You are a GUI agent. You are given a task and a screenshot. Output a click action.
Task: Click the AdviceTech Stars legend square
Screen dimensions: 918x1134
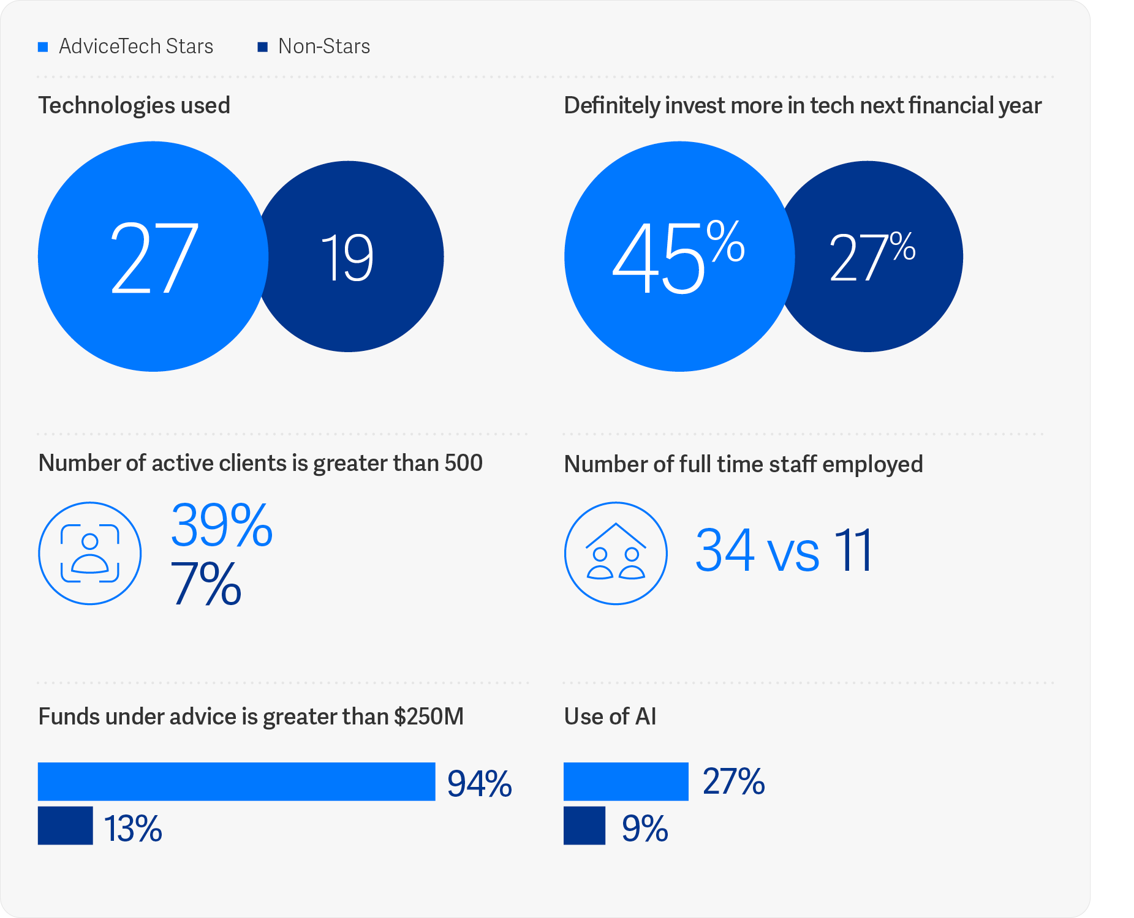click(43, 47)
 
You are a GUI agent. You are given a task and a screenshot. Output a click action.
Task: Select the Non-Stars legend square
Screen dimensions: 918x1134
click(262, 47)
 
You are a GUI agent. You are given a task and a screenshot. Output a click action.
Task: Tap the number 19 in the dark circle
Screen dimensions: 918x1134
click(347, 258)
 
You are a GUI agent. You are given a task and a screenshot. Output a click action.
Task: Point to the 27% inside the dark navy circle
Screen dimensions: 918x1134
click(871, 257)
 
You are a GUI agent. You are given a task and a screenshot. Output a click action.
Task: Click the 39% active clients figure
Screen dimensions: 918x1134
click(221, 525)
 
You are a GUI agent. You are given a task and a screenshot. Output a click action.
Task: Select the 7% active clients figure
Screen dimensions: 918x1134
click(206, 584)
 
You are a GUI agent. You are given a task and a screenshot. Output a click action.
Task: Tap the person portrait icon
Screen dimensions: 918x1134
click(90, 554)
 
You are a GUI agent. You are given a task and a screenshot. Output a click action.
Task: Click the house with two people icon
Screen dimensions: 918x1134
click(616, 554)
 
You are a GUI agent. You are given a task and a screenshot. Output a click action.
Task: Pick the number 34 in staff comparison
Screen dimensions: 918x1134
click(725, 551)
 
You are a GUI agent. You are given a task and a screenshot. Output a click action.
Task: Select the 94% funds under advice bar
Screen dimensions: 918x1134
click(236, 781)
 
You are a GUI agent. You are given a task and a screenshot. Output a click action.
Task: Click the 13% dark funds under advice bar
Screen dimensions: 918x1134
click(66, 826)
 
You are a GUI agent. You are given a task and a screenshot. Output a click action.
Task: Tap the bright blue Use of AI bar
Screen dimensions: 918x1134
click(626, 781)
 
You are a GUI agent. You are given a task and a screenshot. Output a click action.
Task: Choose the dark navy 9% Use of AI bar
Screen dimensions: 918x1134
click(584, 826)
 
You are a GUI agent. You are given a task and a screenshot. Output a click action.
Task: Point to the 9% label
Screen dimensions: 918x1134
click(644, 829)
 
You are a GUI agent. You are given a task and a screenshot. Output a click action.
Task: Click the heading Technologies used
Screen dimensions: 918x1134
click(134, 105)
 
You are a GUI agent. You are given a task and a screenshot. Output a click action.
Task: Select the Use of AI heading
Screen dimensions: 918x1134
click(610, 717)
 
